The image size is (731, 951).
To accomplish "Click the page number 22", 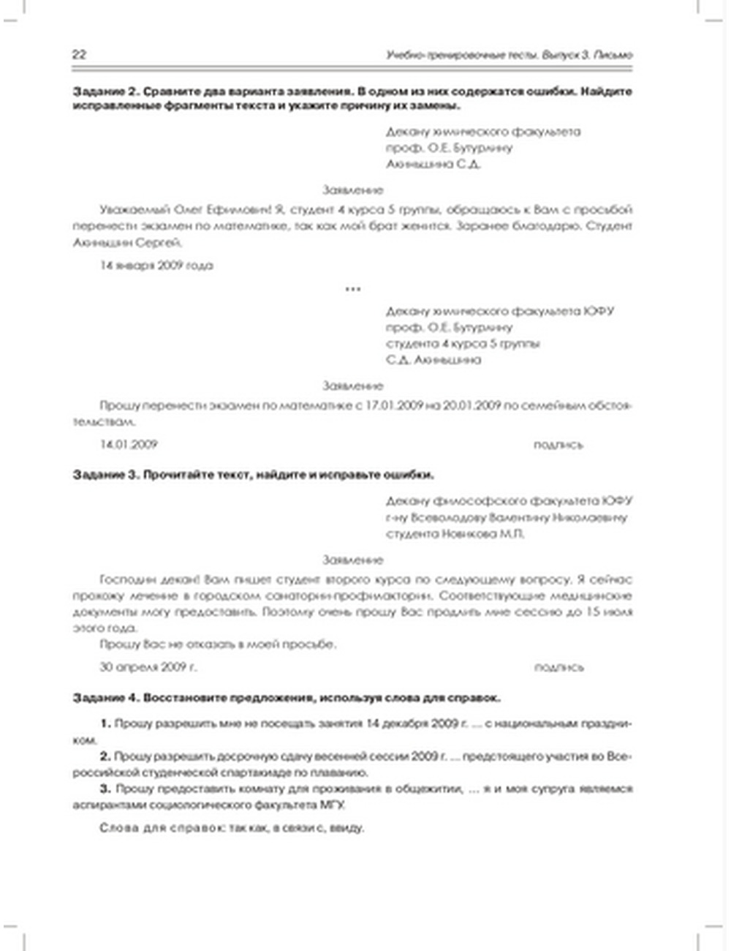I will (79, 54).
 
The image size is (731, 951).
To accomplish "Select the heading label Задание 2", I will (105, 91).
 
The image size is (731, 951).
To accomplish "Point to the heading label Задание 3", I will (105, 475).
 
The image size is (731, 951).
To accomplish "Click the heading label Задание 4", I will (105, 698).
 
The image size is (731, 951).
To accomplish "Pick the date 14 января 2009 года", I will (156, 266).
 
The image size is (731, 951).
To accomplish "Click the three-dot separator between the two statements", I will (352, 289).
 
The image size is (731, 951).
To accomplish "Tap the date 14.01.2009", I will (129, 444).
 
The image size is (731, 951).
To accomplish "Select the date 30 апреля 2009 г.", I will (148, 666).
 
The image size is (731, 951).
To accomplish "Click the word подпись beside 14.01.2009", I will (558, 444).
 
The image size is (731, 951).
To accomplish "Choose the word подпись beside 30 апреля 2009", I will (558, 667).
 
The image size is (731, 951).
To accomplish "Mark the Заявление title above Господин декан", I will (352, 560).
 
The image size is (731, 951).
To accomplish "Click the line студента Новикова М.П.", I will (455, 534).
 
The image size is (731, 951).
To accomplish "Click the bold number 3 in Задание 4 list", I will (104, 789).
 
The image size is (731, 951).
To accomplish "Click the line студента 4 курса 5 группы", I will (463, 343).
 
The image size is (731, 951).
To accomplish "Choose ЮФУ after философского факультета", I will (618, 501).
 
